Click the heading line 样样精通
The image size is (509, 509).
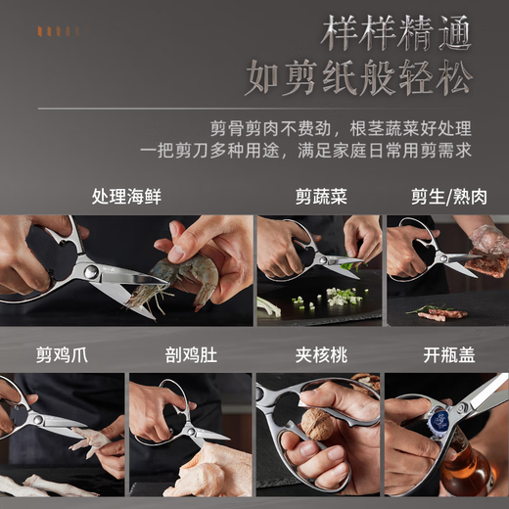[396, 35]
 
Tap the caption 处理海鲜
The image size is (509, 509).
[126, 196]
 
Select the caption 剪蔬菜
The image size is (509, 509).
[321, 196]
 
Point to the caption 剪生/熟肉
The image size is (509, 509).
[448, 196]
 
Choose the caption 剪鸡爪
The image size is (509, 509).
[62, 354]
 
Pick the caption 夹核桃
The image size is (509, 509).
[321, 354]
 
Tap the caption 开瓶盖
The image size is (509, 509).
[447, 354]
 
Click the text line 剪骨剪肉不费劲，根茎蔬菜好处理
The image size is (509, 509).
[341, 128]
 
